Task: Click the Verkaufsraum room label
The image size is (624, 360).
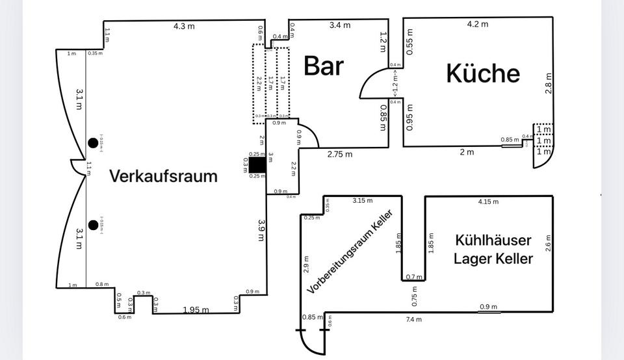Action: point(163,175)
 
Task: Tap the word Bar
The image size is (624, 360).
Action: point(324,66)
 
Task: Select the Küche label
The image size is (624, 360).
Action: point(483,73)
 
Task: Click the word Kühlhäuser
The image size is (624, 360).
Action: point(494,240)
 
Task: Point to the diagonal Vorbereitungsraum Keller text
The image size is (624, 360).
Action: point(350,252)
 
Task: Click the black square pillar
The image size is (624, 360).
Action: point(257,165)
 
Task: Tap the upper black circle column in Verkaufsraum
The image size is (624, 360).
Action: point(93,144)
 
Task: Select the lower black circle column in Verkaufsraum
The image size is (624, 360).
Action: point(93,225)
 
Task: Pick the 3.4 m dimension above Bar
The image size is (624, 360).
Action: point(339,25)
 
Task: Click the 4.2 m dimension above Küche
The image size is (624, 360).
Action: point(478,24)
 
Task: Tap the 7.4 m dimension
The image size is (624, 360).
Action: point(413,319)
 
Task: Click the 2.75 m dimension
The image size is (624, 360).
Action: point(339,155)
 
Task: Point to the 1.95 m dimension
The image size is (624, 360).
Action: point(196,309)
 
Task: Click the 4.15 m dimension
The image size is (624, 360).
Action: point(487,201)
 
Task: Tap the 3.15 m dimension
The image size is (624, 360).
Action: point(363,199)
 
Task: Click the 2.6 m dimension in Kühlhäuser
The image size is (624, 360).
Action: point(548,242)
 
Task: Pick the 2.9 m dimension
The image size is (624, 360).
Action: point(306,264)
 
